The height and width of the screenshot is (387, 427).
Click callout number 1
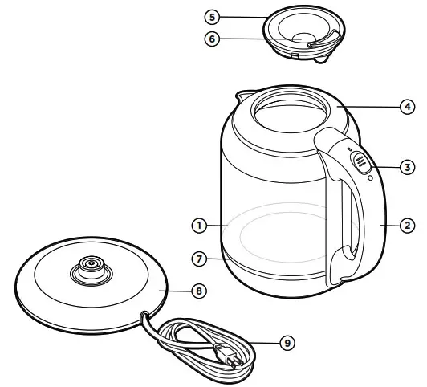(197, 226)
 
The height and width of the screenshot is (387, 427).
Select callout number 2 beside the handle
(409, 226)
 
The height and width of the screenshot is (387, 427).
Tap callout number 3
(409, 166)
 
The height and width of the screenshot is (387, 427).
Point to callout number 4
(409, 105)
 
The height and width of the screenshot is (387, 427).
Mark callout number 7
(197, 259)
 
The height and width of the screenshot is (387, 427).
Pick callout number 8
(197, 291)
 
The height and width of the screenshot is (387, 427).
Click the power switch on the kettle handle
(360, 161)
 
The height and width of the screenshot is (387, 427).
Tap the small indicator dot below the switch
(368, 178)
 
